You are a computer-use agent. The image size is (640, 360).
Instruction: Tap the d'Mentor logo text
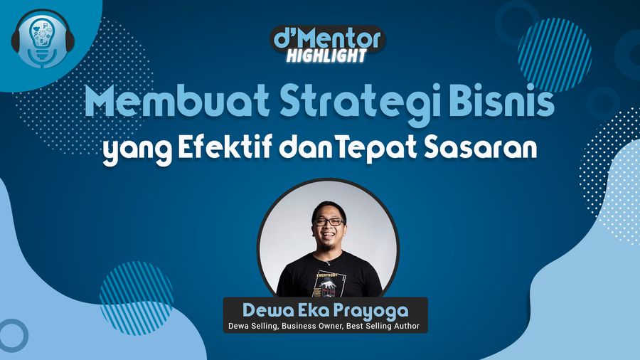pyautogui.click(x=328, y=38)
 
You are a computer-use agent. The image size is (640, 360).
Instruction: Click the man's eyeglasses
pyautogui.click(x=329, y=222)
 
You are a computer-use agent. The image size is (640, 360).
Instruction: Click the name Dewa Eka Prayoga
pyautogui.click(x=325, y=310)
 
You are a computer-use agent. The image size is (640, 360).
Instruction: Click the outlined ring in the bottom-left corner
pyautogui.click(x=12, y=335)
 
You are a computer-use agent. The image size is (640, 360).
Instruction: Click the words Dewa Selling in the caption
pyautogui.click(x=252, y=327)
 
